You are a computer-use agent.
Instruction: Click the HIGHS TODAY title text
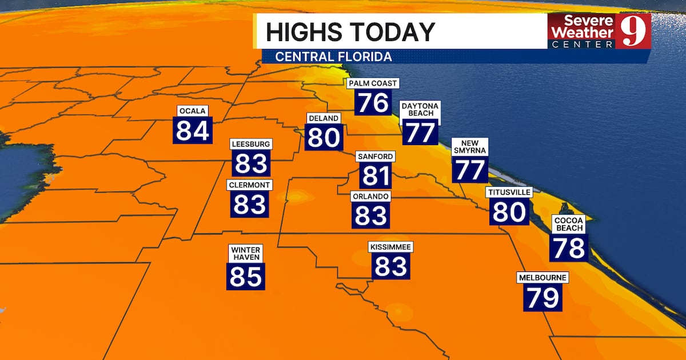(350, 32)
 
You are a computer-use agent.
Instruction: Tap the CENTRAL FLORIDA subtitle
(334, 57)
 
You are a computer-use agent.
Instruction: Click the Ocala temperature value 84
(192, 130)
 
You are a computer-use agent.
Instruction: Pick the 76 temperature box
(373, 103)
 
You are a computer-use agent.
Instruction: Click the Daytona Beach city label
(420, 110)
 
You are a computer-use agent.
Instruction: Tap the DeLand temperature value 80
(324, 137)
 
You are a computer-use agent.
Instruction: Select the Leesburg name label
(250, 144)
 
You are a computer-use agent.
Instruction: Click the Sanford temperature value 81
(376, 175)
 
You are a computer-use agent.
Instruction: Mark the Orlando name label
(370, 196)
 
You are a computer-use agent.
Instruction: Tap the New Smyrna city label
(469, 146)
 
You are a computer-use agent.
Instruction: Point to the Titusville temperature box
(509, 212)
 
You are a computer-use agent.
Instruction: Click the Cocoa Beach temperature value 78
(569, 247)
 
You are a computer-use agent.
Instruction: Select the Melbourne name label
(543, 278)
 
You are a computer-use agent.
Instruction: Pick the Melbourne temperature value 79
(543, 298)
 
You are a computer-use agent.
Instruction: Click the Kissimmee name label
(390, 247)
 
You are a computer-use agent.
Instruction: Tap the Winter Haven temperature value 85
(246, 277)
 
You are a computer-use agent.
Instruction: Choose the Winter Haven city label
(246, 253)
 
